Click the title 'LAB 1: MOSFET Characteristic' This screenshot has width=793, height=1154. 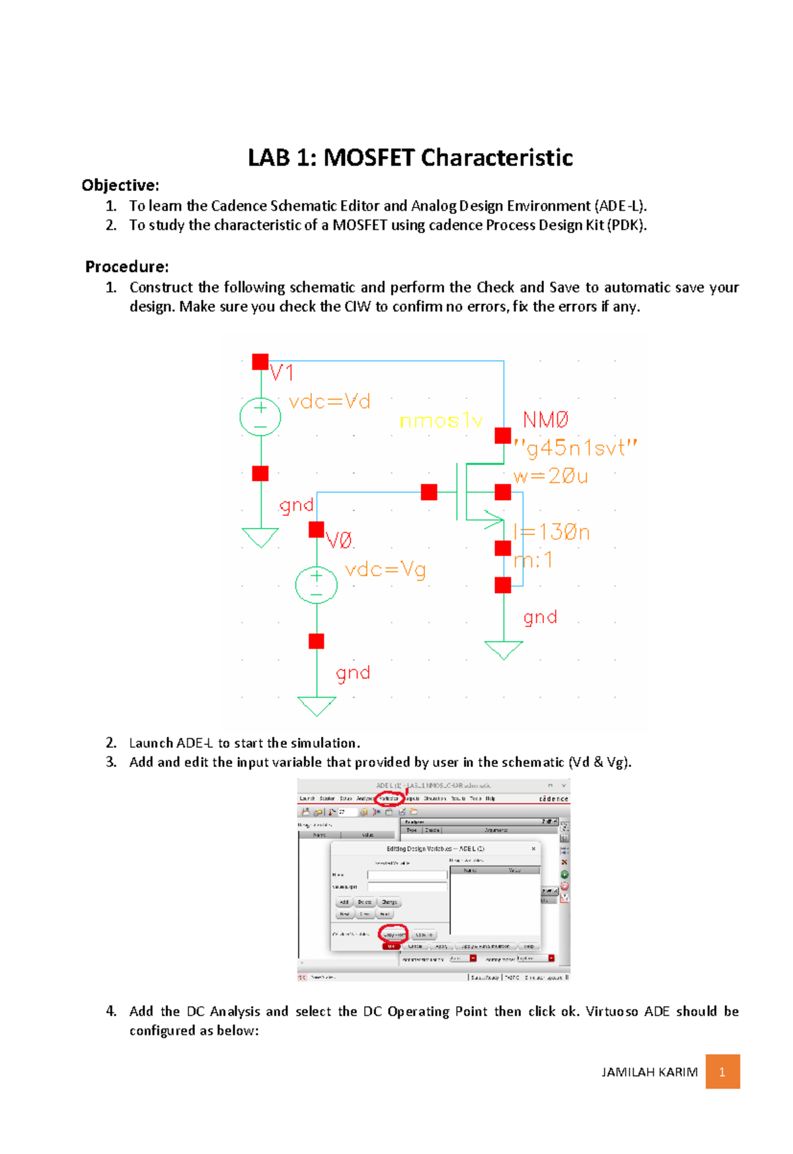[x=410, y=158]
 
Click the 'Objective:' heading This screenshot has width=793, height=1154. [x=120, y=185]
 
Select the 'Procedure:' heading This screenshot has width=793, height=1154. [x=127, y=267]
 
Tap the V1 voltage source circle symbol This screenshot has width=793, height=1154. [x=260, y=417]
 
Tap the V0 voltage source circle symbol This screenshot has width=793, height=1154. [x=316, y=585]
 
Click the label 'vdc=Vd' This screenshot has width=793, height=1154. [x=329, y=402]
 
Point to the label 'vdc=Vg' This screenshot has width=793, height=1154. [x=385, y=569]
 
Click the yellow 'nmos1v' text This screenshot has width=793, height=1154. [x=441, y=421]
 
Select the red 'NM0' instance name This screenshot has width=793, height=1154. [x=545, y=419]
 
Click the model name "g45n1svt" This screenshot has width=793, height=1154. [x=575, y=449]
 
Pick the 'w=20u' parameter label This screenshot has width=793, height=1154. [x=550, y=476]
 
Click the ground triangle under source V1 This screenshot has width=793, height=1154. [x=260, y=537]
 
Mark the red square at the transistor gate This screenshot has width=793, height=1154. [x=429, y=492]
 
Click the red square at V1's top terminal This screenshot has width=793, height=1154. [x=260, y=361]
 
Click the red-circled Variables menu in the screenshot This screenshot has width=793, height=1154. [x=389, y=799]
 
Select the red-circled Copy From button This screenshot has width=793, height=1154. [x=393, y=934]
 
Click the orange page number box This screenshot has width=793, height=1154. [x=722, y=1071]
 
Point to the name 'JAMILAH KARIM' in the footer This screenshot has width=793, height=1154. [x=649, y=1072]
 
